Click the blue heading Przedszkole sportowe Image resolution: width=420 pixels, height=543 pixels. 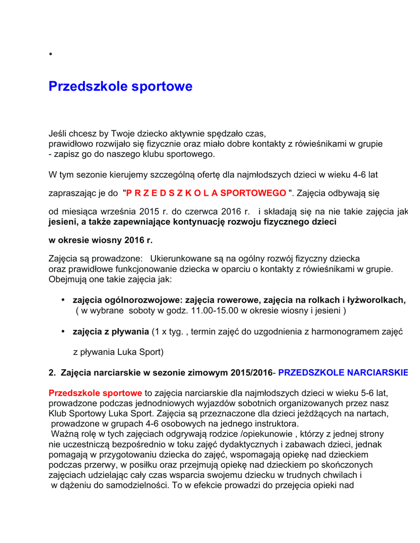click(121, 86)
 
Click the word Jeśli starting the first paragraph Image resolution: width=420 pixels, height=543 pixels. click(58, 134)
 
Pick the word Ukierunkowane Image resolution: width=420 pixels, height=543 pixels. click(181, 259)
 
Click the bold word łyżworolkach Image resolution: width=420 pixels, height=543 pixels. click(378, 300)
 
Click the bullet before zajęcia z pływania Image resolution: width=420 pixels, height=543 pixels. click(63, 331)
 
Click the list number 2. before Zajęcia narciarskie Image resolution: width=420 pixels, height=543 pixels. click(52, 373)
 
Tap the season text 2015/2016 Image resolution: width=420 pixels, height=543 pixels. click(251, 373)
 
